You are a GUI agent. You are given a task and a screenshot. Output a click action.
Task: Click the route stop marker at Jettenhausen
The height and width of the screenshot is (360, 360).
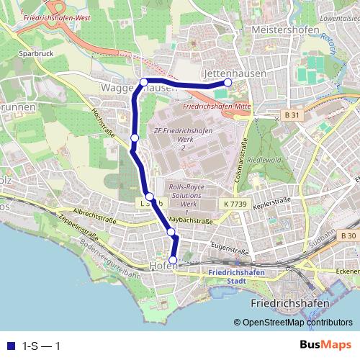(228, 83)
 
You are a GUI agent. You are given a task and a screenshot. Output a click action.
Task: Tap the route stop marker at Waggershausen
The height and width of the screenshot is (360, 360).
(144, 82)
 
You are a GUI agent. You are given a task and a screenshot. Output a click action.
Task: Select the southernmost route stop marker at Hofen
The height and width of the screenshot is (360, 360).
(173, 260)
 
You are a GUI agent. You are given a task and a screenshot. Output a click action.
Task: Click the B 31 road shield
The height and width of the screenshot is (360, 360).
(291, 114)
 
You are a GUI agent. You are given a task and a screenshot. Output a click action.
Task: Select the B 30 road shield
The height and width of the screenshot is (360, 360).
(348, 236)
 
